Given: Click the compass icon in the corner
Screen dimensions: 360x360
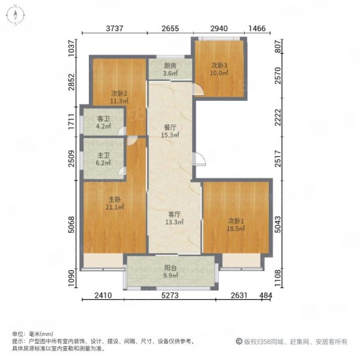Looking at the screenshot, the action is (16, 15).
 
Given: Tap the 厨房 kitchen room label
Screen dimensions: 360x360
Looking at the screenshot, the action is (170, 66).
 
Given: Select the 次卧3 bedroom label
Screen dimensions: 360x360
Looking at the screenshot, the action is (219, 65).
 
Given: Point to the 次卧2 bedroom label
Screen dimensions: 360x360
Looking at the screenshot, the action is (119, 94).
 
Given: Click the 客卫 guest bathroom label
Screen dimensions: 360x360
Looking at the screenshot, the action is (103, 119).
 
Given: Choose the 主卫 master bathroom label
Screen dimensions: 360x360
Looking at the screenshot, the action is (103, 155).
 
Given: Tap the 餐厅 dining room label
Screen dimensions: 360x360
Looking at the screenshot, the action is (170, 127).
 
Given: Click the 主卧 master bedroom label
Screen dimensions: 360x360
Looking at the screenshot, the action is (115, 200).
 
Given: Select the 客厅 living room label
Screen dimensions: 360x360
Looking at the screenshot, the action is (174, 214).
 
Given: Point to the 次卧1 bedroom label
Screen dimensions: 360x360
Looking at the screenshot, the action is (236, 221).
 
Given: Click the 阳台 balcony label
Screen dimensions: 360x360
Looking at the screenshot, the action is (170, 268).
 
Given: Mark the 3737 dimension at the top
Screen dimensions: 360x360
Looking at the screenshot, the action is (115, 28).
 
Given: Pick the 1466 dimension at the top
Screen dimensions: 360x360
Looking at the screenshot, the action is (257, 28).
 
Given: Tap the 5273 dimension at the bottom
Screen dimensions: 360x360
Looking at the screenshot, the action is (170, 295).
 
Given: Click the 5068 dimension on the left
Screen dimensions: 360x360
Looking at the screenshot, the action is (71, 224).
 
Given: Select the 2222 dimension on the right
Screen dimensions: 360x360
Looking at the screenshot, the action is (278, 118).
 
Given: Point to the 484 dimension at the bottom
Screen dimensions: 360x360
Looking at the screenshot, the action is (266, 295).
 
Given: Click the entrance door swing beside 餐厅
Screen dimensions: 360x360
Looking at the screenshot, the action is (199, 158).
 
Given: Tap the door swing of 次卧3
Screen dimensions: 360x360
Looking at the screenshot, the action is (199, 89).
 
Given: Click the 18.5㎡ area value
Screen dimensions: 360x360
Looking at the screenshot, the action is (236, 229).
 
